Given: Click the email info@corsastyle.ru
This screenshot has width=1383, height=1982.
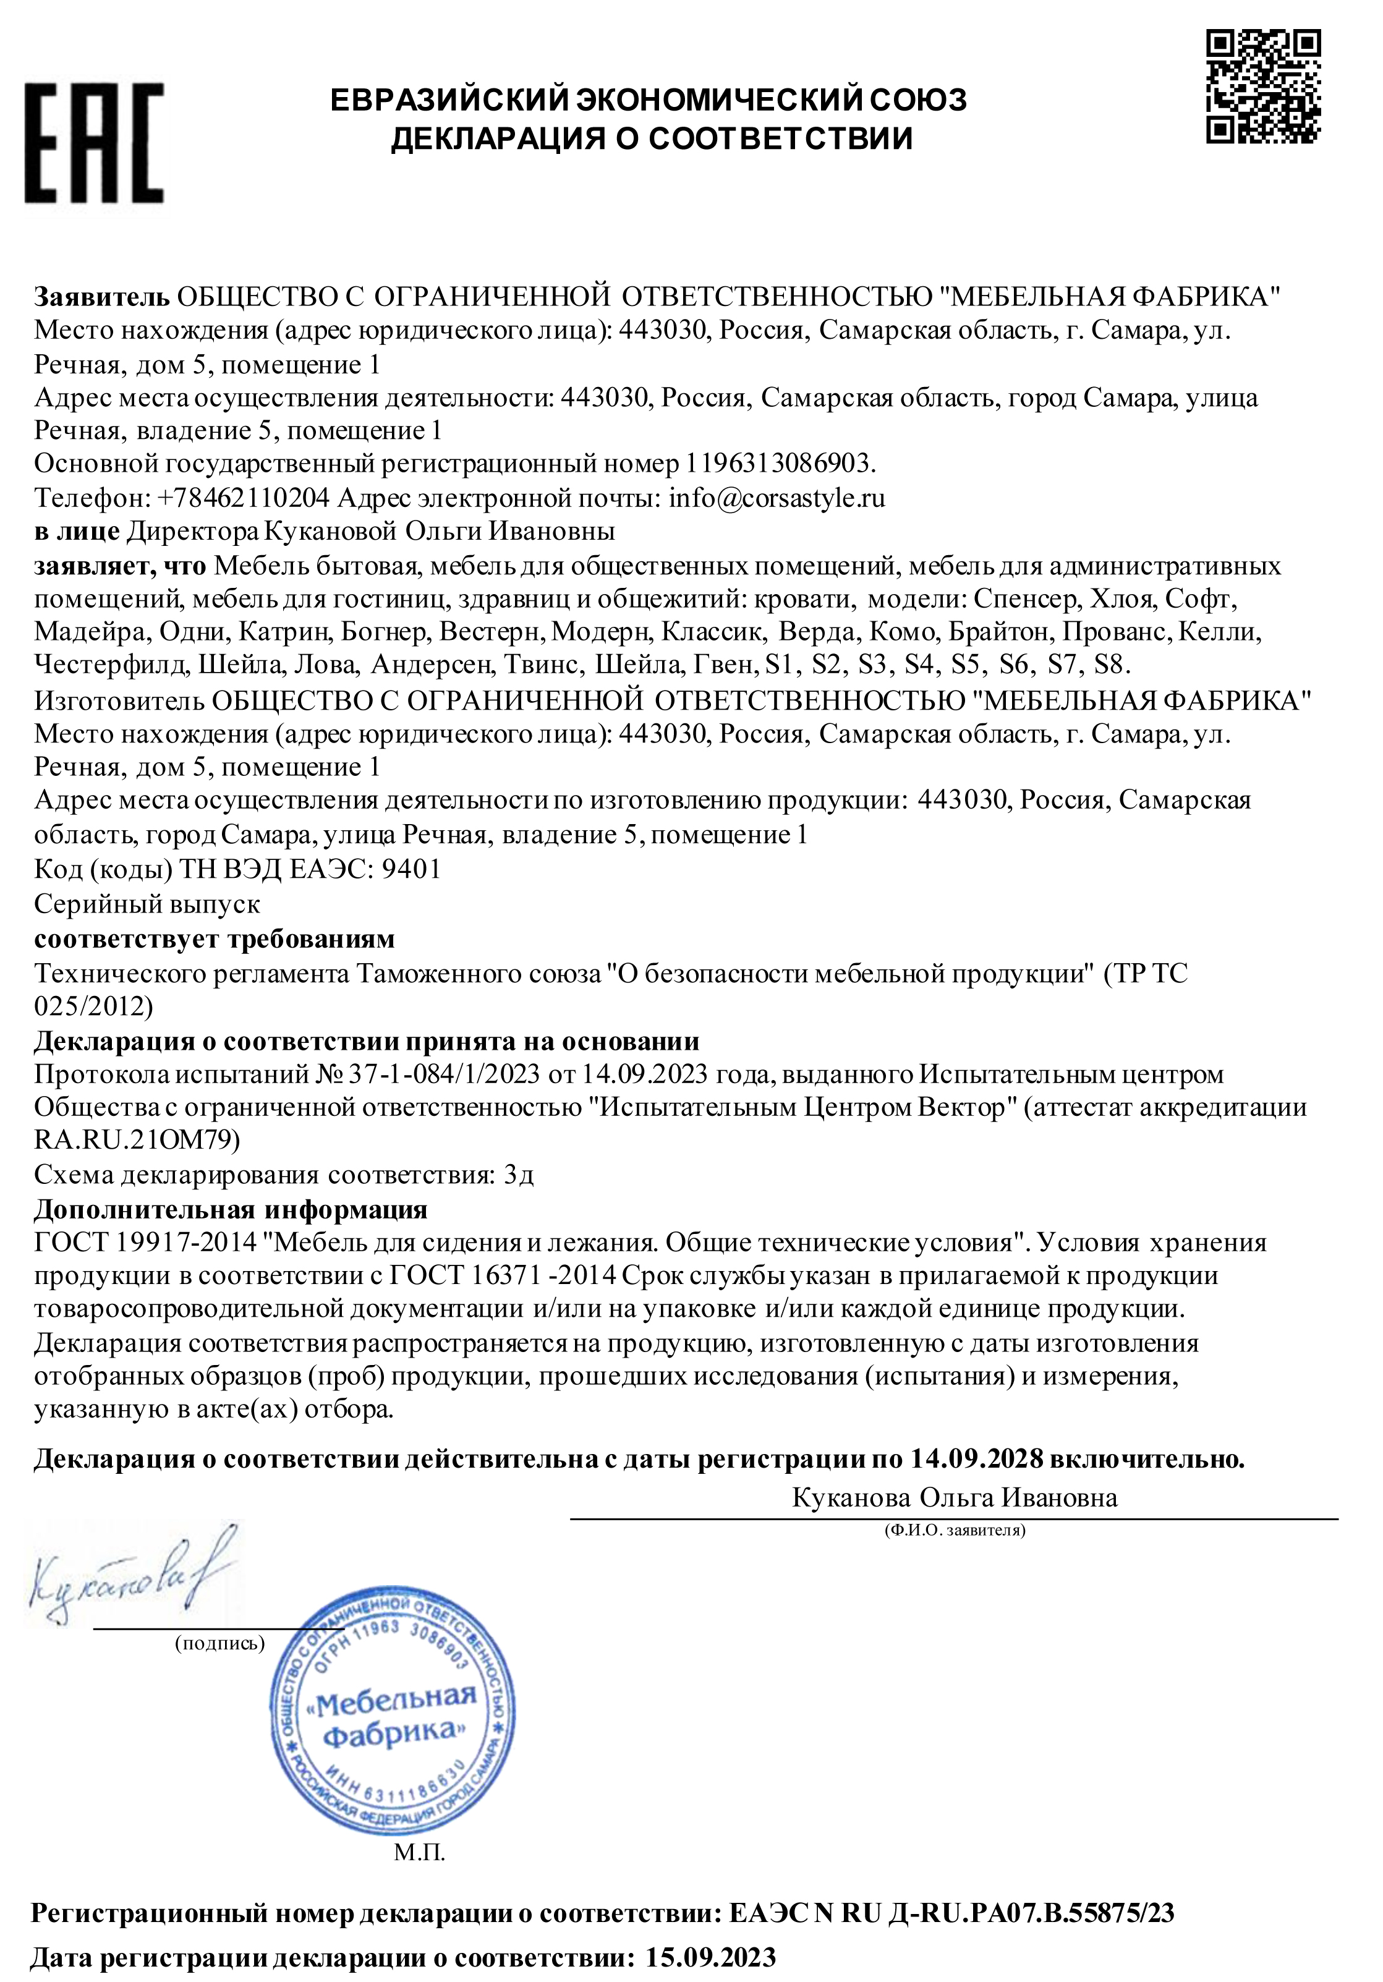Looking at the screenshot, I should point(777,498).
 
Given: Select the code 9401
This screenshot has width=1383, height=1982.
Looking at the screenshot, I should point(411,869).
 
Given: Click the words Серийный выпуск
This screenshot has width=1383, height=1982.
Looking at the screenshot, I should point(147,904).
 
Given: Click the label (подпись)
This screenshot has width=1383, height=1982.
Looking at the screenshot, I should point(219,1643).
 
